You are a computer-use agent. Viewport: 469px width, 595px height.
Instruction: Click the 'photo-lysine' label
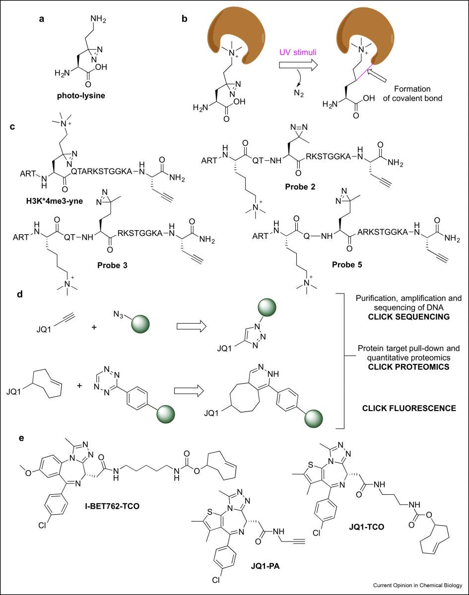(81, 96)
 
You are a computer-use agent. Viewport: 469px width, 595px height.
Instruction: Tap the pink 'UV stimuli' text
(298, 52)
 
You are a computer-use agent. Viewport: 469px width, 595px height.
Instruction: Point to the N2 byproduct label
(299, 93)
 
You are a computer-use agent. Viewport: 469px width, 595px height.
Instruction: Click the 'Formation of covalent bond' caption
(412, 93)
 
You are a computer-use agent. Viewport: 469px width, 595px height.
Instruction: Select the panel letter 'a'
(42, 19)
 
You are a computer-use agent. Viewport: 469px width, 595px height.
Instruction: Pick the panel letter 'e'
(21, 438)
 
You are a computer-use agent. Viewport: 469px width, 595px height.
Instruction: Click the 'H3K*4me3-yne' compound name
(55, 201)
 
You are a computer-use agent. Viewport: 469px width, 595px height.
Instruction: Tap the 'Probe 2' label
(300, 187)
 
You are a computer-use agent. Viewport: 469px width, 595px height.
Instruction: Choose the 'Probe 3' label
(112, 265)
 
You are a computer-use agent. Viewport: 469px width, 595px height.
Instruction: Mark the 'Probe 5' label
(347, 265)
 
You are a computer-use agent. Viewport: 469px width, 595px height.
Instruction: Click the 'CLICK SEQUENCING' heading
(408, 316)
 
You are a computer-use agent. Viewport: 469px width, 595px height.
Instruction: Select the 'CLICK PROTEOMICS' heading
(408, 367)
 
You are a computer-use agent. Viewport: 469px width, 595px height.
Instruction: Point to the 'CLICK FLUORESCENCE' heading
(409, 409)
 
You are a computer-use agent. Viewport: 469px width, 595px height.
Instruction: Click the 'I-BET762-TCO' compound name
(112, 506)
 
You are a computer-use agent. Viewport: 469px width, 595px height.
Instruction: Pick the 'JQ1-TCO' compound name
(367, 527)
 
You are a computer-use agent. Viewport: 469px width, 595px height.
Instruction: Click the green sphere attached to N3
(140, 324)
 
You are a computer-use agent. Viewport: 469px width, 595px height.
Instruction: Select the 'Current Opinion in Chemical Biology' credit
(417, 585)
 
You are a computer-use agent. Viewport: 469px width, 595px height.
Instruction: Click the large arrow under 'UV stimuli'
(298, 65)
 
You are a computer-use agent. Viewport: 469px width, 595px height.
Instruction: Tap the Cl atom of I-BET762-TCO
(42, 525)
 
